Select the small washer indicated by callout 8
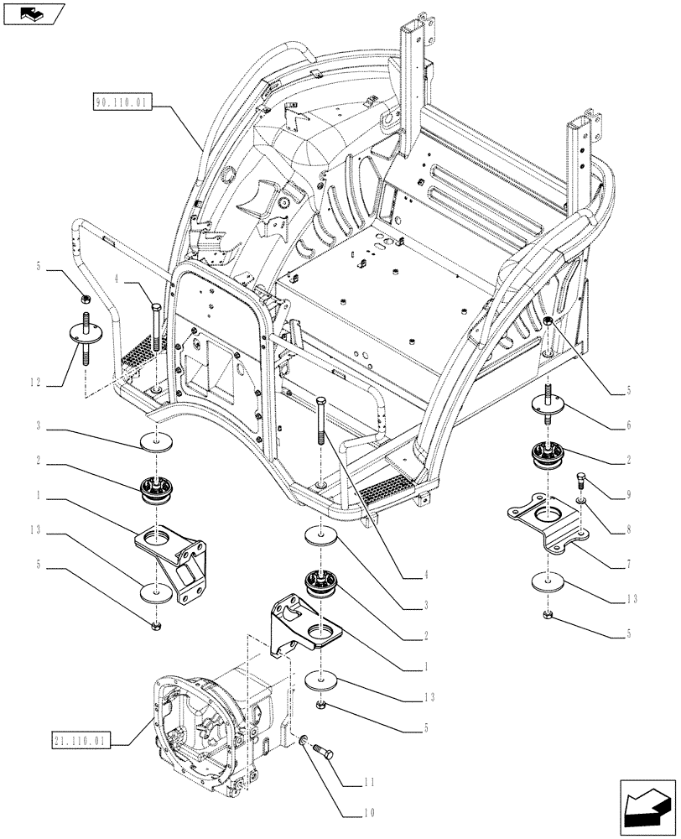pos(581,501)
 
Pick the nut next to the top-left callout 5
pos(85,299)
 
